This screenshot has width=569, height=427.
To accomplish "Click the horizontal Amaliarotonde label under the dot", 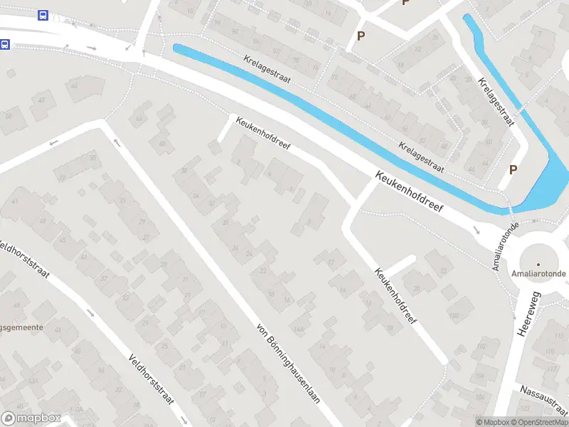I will point(538,274).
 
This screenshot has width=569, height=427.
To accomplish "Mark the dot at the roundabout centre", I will point(538,265).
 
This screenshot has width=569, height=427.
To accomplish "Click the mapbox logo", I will point(31,418).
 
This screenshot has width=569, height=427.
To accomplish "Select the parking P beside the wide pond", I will point(512,169).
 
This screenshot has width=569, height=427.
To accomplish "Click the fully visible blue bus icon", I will point(43,15).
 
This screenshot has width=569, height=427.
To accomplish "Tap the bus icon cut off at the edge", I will point(4,44).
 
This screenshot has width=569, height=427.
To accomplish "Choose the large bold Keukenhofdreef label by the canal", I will point(410,193).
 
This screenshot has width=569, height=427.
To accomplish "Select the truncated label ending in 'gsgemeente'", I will point(21,327).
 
